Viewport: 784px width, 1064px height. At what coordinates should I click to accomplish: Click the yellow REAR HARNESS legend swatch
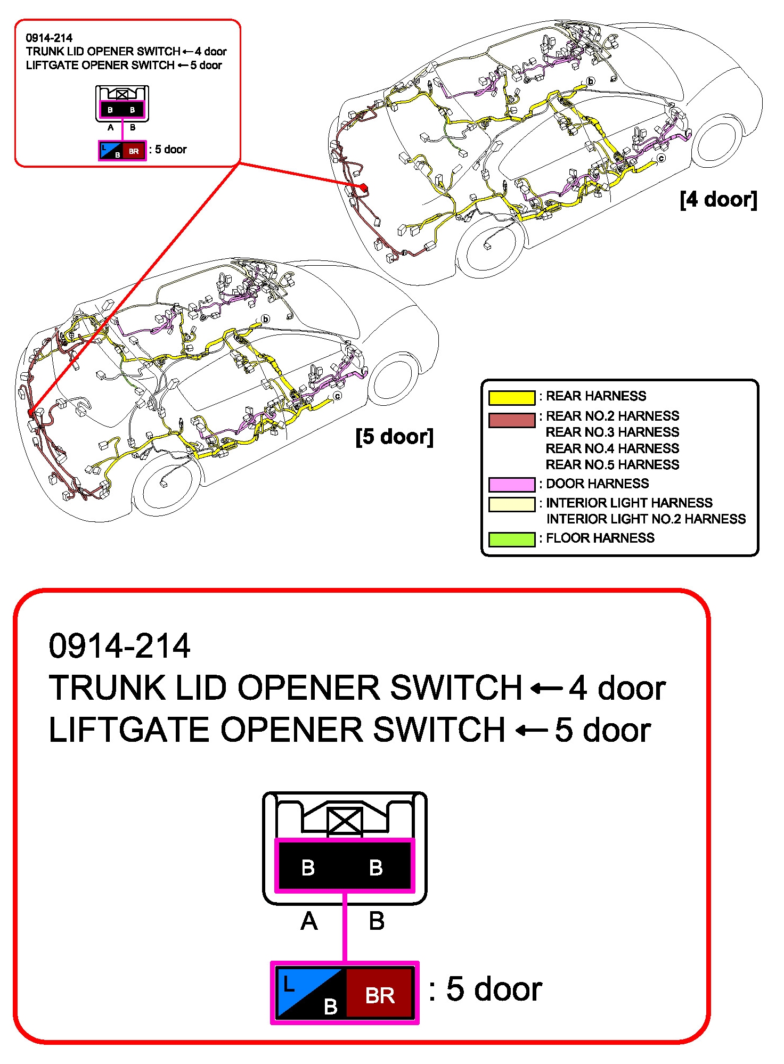click(x=511, y=397)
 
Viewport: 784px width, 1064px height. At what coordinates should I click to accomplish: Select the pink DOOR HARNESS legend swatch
click(x=511, y=484)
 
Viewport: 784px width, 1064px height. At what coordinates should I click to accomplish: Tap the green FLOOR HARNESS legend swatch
click(x=511, y=539)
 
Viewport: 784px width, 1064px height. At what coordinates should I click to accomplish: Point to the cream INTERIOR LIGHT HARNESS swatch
click(x=511, y=504)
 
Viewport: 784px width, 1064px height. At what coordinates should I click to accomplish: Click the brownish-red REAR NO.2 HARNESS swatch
click(x=511, y=420)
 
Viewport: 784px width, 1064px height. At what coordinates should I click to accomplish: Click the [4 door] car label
click(x=718, y=200)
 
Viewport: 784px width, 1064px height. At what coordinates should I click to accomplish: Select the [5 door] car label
click(x=394, y=437)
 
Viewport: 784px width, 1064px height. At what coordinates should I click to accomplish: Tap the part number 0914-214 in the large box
click(x=119, y=646)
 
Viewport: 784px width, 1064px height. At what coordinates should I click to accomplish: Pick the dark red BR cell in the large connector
click(x=380, y=993)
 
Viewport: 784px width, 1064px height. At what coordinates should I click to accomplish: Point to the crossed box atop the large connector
click(x=345, y=821)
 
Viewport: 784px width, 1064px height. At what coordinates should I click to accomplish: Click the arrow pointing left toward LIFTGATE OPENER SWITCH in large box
click(x=532, y=730)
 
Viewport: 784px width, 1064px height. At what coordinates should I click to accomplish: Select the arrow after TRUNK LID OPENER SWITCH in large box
click(x=546, y=688)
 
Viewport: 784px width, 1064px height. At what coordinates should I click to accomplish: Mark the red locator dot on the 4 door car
click(x=364, y=187)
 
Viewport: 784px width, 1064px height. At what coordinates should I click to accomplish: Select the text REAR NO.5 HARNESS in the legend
click(x=612, y=465)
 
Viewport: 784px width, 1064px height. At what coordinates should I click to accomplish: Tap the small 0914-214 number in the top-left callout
click(x=49, y=38)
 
